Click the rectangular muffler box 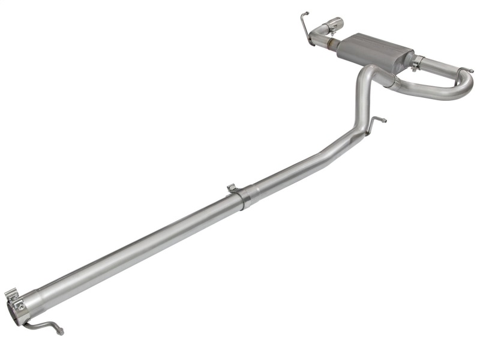pos(376,50)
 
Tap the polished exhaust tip pos(334,26)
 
